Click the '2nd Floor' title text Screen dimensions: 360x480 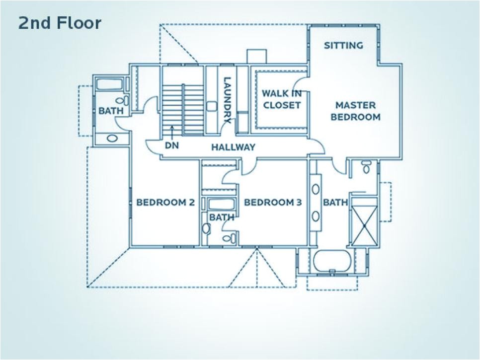pos(60,23)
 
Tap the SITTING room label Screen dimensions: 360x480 pos(343,46)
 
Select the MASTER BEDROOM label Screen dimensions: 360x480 pos(355,111)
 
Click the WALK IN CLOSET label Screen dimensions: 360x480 pos(282,99)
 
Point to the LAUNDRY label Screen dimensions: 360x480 pos(228,99)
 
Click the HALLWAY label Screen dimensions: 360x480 pos(233,147)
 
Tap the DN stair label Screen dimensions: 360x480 pos(171,146)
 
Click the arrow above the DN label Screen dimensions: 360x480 pos(172,132)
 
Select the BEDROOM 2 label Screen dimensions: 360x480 pos(165,202)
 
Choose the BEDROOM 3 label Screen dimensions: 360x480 pos(273,202)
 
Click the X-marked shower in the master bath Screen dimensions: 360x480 pos(365,225)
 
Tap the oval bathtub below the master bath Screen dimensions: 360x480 pos(332,261)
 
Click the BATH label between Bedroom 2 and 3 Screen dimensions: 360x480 pos(222,217)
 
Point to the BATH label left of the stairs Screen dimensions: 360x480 pos(111,111)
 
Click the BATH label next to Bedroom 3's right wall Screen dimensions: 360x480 pos(336,202)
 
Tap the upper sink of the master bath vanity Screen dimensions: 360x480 pos(316,189)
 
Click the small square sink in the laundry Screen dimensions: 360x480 pos(212,106)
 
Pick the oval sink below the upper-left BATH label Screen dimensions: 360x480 pos(113,139)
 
